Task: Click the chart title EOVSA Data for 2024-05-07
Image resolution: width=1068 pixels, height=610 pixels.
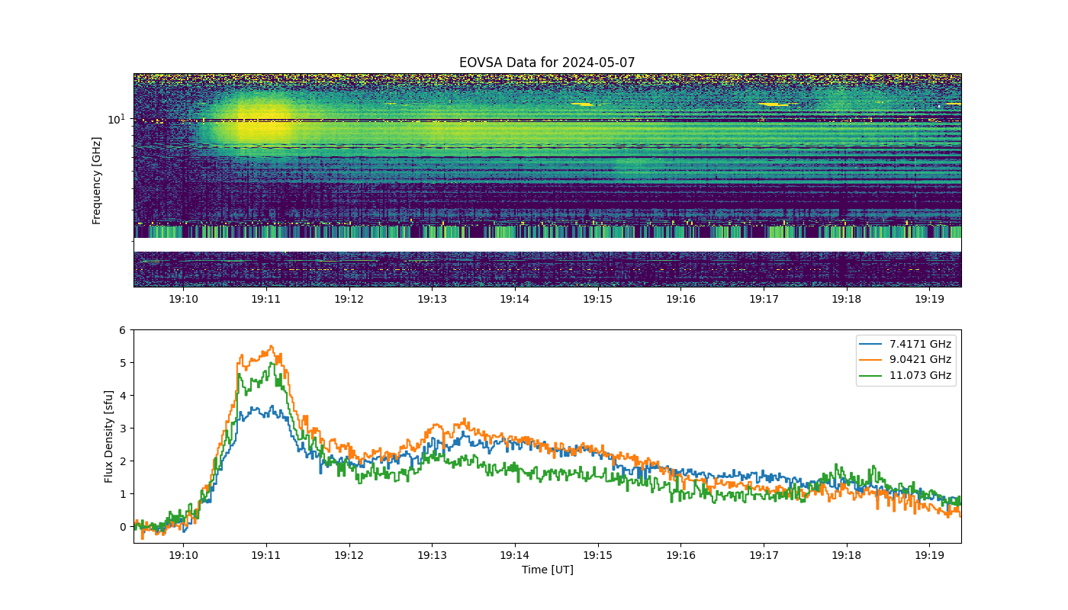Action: pyautogui.click(x=547, y=63)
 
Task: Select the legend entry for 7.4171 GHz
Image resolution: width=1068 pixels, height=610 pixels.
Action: pyautogui.click(x=905, y=344)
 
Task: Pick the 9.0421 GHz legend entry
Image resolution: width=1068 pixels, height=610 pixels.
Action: pyautogui.click(x=905, y=359)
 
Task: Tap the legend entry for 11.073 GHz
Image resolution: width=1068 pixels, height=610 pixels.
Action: pyautogui.click(x=905, y=375)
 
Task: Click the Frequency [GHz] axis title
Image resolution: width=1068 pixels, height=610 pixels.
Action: pyautogui.click(x=96, y=181)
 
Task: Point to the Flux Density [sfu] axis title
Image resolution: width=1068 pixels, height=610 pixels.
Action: pyautogui.click(x=108, y=436)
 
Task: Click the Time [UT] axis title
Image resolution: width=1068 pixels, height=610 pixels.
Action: pyautogui.click(x=548, y=570)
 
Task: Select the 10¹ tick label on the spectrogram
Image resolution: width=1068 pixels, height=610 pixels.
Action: pyautogui.click(x=116, y=119)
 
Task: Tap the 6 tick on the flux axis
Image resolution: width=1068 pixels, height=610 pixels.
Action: pyautogui.click(x=123, y=330)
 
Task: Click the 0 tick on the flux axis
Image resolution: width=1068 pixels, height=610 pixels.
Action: pyautogui.click(x=123, y=527)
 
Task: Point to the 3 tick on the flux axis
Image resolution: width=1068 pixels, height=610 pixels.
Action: pyautogui.click(x=123, y=429)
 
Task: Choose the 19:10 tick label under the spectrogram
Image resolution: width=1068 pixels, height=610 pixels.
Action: pyautogui.click(x=183, y=299)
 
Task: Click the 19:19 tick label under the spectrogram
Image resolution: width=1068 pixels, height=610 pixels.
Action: pyautogui.click(x=929, y=299)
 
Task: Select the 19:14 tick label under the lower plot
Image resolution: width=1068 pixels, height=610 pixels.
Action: pyautogui.click(x=514, y=555)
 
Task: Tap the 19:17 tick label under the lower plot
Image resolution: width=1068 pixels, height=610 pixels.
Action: pyautogui.click(x=764, y=555)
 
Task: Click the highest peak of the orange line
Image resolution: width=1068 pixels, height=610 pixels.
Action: pyautogui.click(x=272, y=346)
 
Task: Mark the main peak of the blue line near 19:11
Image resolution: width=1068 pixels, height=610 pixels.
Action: pyautogui.click(x=272, y=406)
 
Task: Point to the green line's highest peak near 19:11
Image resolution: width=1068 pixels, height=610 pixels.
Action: pyautogui.click(x=273, y=363)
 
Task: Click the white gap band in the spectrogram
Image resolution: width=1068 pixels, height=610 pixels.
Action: pyautogui.click(x=548, y=245)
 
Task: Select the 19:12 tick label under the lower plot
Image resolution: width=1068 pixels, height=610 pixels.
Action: pyautogui.click(x=349, y=555)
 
